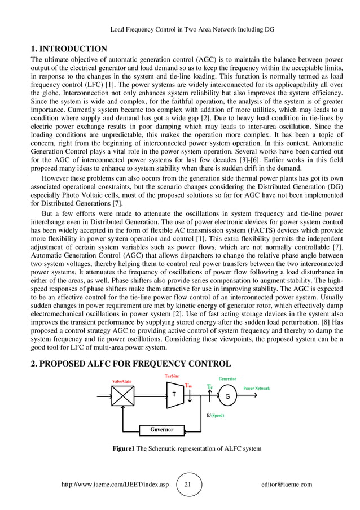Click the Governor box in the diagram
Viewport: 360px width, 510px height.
pos(161,430)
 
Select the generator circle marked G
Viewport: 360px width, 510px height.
pos(227,396)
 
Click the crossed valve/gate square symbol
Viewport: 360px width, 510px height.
pos(121,396)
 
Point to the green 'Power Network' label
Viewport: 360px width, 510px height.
pos(256,389)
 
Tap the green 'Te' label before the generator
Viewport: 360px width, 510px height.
pos(209,387)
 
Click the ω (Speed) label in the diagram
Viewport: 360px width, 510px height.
pos(215,415)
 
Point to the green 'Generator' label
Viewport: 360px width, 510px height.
pos(227,378)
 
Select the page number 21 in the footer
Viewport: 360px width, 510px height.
pos(188,485)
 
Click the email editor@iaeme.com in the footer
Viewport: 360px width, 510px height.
pos(287,485)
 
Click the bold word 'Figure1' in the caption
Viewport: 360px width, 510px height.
pos(123,448)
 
